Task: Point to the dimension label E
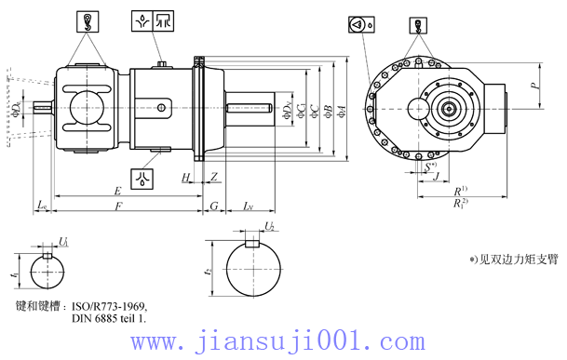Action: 117,191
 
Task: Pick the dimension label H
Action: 186,176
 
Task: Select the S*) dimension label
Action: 430,167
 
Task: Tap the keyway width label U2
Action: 270,226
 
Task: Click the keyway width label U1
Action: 63,241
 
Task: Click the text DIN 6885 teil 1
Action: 109,318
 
